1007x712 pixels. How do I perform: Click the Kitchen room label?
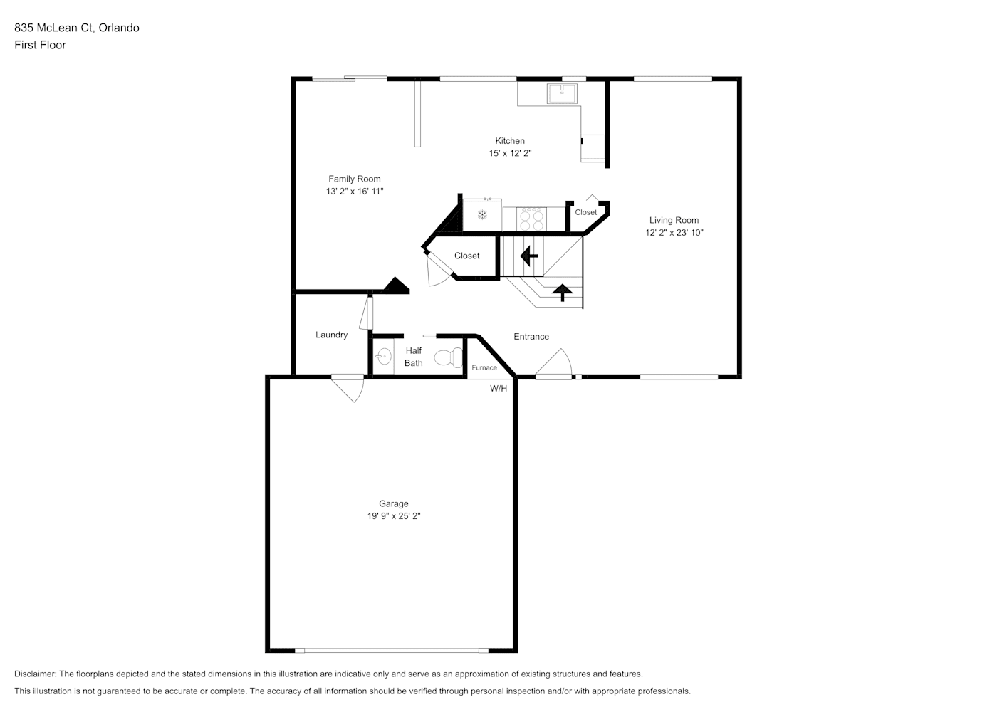click(510, 141)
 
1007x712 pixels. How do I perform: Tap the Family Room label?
click(354, 179)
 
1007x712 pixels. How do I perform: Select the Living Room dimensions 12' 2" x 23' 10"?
click(674, 232)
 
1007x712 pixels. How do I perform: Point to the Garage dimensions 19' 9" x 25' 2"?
click(393, 516)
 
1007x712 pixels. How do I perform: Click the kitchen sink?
click(562, 93)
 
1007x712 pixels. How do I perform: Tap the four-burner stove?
click(531, 219)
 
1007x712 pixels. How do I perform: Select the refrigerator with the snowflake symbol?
click(482, 215)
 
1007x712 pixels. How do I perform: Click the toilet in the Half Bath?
click(448, 358)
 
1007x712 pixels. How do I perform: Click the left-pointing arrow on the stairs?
click(528, 256)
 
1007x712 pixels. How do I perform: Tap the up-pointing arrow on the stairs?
click(562, 293)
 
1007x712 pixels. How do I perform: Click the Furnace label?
click(484, 367)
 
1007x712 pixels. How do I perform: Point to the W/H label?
click(499, 388)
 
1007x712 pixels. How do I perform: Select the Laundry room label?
click(331, 335)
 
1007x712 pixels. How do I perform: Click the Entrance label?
click(531, 337)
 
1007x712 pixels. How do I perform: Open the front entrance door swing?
click(554, 364)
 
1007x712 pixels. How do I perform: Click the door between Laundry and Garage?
click(348, 387)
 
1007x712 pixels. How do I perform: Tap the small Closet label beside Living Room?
click(586, 212)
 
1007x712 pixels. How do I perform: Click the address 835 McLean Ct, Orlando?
click(77, 28)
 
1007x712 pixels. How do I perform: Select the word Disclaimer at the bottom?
click(36, 674)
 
